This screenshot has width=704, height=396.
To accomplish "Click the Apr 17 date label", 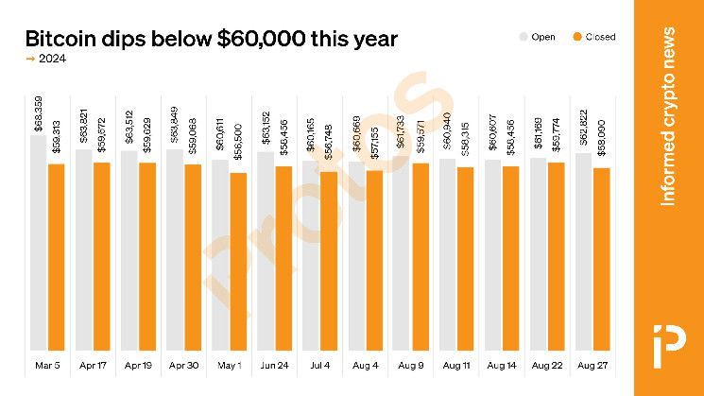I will point(93,365).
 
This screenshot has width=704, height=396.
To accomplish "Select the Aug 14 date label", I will point(501,365).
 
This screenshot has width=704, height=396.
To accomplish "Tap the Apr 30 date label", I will point(183,365).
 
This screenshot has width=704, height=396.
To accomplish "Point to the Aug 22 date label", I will point(546,365).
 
